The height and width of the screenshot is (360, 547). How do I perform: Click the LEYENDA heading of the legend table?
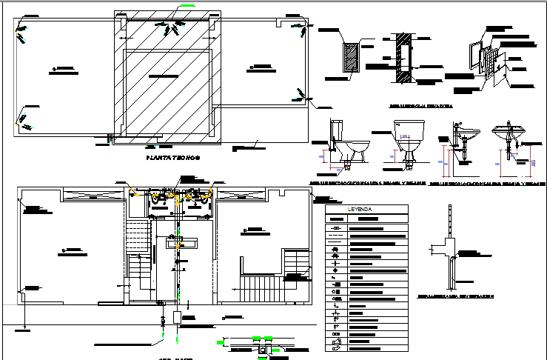366,210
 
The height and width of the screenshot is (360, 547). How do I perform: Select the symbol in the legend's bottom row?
337,346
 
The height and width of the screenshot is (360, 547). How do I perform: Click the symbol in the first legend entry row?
337,228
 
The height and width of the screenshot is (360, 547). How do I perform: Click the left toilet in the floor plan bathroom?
156,197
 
